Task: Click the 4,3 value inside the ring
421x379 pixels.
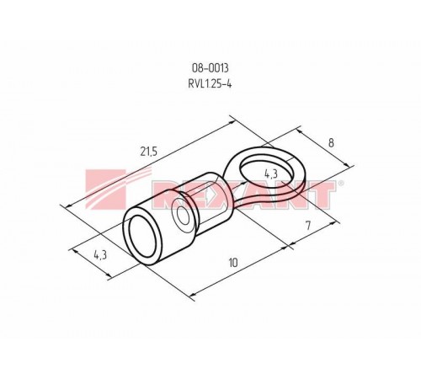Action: [x=270, y=173]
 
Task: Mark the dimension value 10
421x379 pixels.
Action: [x=233, y=264]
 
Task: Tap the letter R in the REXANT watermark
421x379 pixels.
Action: [x=172, y=195]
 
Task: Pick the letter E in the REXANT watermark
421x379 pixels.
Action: [x=201, y=195]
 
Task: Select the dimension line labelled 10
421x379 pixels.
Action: [x=240, y=270]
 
